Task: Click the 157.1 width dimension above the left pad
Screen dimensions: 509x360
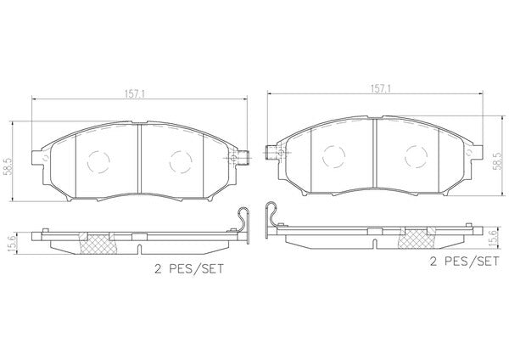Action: (x=134, y=93)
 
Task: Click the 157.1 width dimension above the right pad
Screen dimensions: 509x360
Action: (x=381, y=88)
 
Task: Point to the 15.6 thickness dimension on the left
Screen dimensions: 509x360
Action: (x=8, y=242)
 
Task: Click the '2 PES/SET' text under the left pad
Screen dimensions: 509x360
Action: (x=189, y=268)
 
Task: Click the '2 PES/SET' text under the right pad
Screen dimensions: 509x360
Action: (x=464, y=261)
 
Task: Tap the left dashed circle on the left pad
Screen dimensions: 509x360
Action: (x=98, y=161)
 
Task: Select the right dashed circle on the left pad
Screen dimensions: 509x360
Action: (x=181, y=161)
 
